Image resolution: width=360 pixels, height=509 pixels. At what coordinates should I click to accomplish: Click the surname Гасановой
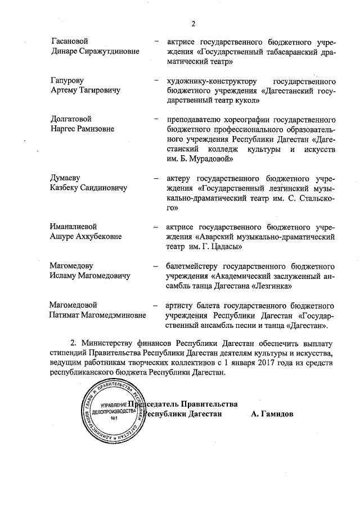70,42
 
